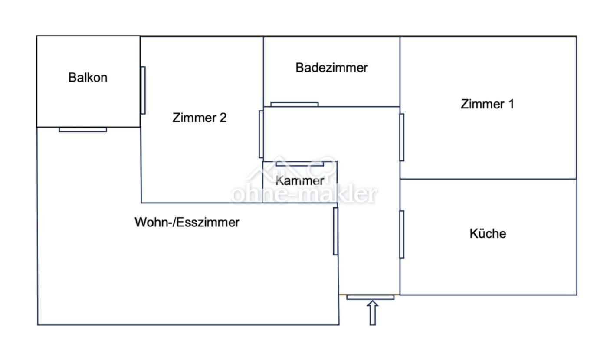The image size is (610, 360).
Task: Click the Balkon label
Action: pos(88,78)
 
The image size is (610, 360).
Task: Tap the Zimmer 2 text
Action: pos(199,118)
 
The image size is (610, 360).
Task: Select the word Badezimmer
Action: pos(331,68)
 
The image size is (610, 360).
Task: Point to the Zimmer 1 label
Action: pos(487,104)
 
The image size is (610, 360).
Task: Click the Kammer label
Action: pos(300,180)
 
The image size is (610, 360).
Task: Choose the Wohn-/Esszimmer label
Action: pos(187,223)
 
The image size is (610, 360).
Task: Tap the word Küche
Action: pos(488,234)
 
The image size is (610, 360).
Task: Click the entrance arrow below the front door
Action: pos(372,313)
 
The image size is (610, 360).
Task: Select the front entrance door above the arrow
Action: pos(370,297)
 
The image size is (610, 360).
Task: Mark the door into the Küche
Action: pos(402,234)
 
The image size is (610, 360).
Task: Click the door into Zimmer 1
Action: pos(402,137)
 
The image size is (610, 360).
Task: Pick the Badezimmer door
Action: pos(294,104)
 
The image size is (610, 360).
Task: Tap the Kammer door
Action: pos(300,164)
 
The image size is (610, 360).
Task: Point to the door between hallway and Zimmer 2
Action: pos(261,134)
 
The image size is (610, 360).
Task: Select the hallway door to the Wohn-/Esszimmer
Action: pos(335,231)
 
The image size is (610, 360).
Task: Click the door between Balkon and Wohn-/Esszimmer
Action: pos(83,129)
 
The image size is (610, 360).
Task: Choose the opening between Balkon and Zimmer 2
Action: pos(143,90)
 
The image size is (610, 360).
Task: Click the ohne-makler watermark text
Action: pos(304,195)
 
